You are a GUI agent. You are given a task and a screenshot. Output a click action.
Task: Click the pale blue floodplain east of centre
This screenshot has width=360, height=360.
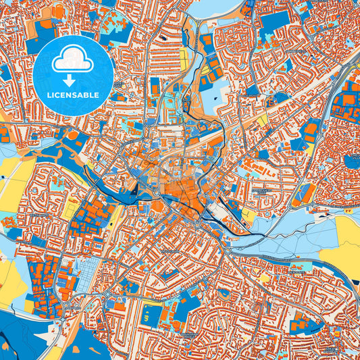click(284, 223)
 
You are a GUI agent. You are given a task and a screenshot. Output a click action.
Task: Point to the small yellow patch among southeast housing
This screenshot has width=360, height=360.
click(265, 278)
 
